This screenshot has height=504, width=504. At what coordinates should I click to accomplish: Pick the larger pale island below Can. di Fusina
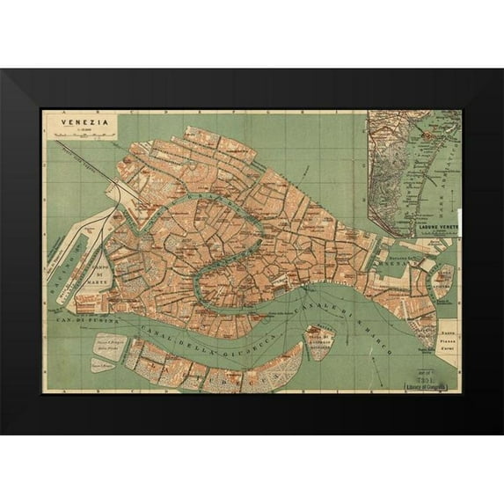tap(108, 343)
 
